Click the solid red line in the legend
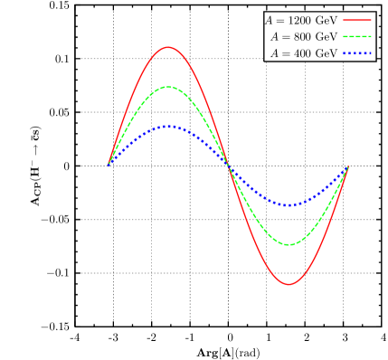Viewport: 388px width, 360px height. [x=357, y=20]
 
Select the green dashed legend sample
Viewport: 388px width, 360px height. [x=357, y=37]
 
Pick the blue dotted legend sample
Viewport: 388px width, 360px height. [x=357, y=54]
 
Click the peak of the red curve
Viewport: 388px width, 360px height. [x=167, y=47]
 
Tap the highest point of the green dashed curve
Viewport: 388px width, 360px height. [x=168, y=87]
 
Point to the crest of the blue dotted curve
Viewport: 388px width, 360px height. [x=168, y=126]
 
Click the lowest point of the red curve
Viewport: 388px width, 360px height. [x=289, y=284]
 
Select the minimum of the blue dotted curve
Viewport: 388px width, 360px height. [x=288, y=204]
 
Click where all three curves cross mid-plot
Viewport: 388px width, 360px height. [x=228, y=166]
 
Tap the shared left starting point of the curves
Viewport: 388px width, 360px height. [x=109, y=165]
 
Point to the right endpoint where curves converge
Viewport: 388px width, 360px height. [x=348, y=166]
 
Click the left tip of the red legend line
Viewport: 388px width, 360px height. [x=344, y=20]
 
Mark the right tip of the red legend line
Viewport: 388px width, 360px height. [x=371, y=20]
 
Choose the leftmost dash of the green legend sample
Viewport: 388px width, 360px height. [x=345, y=37]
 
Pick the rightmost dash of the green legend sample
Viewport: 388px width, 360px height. [x=369, y=37]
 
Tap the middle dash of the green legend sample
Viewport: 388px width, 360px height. [x=357, y=37]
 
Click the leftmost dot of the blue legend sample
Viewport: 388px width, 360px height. [x=345, y=54]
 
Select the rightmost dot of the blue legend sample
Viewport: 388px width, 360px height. [x=370, y=54]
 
